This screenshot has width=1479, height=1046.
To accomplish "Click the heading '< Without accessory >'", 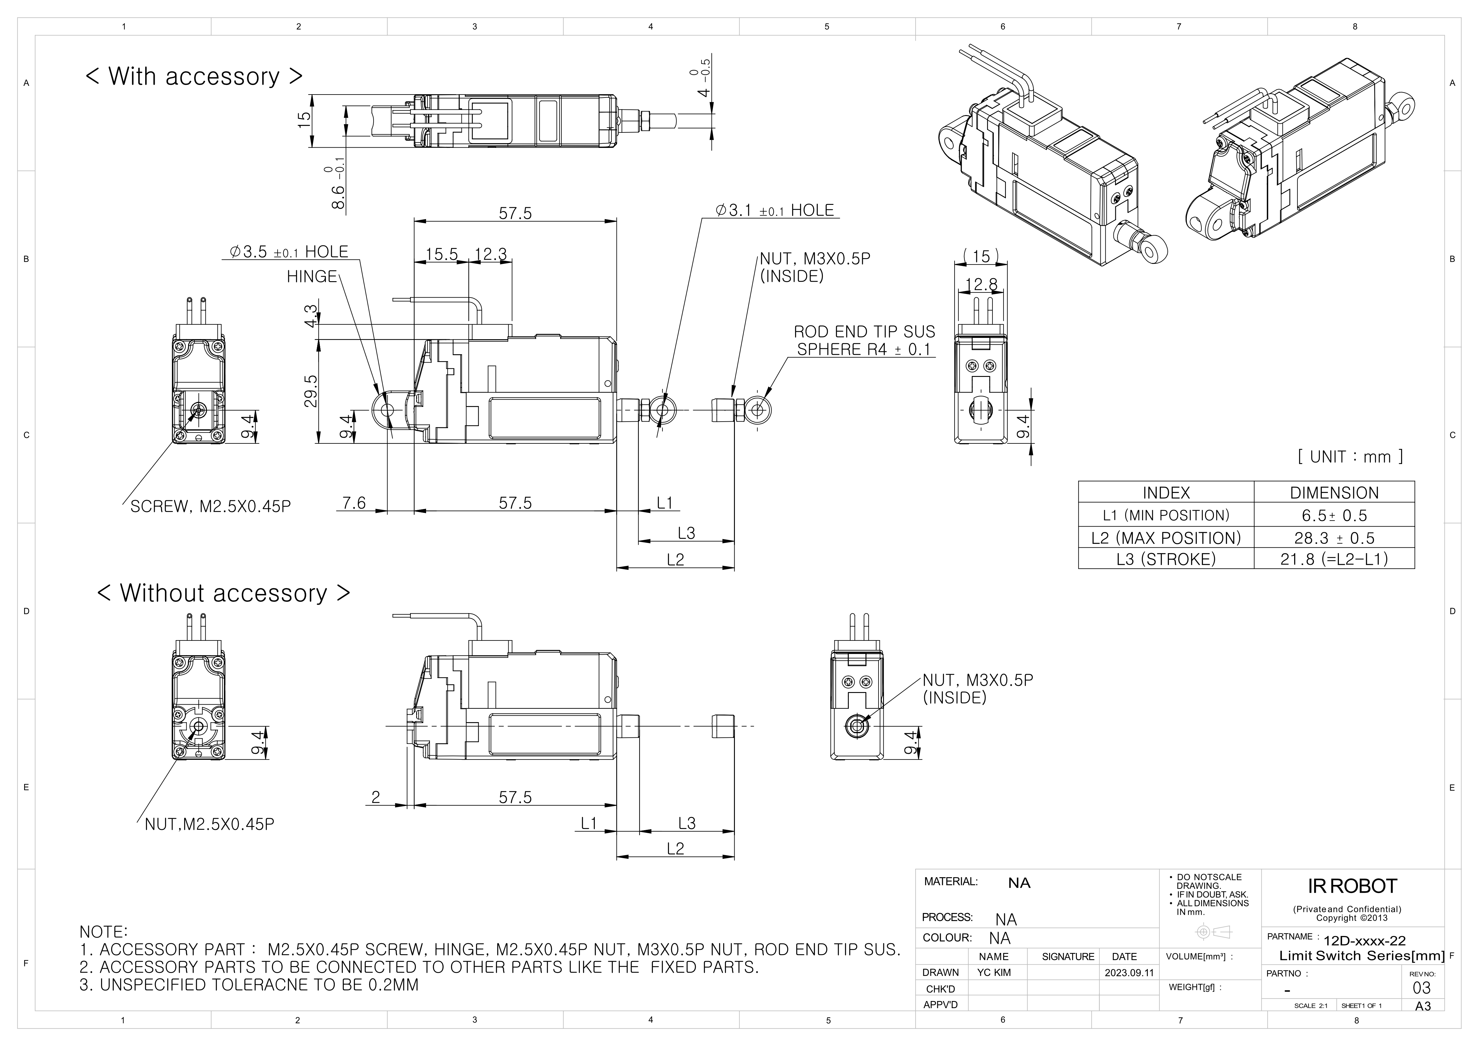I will click(224, 593).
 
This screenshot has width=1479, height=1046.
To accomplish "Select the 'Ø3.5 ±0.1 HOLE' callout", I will click(289, 252).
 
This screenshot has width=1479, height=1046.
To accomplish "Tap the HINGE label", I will click(312, 277).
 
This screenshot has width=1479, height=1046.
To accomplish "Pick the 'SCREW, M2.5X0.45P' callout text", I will click(210, 507).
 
